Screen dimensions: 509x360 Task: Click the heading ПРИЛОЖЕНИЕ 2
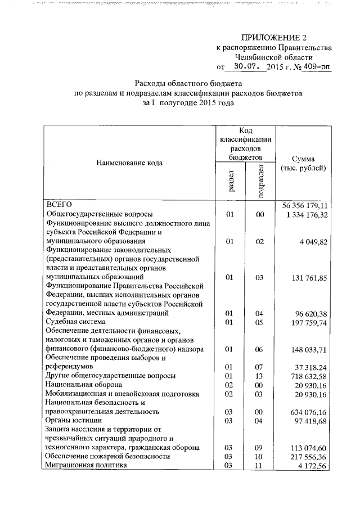click(274, 38)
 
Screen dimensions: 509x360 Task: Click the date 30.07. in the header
click(247, 67)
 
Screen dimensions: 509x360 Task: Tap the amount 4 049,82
click(315, 241)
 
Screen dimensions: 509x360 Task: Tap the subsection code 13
click(260, 375)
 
